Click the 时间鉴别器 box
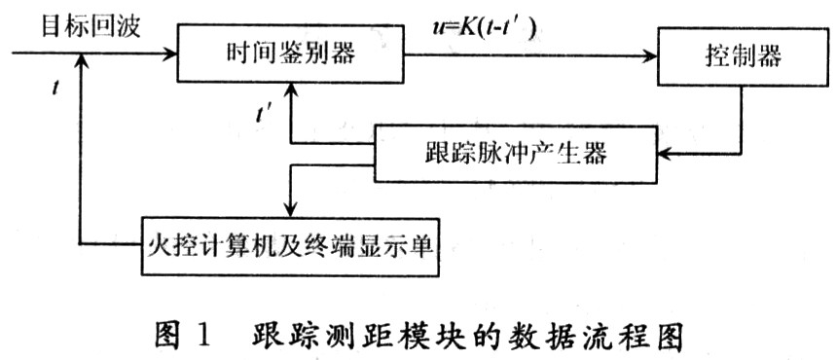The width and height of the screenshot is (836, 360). (293, 54)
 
